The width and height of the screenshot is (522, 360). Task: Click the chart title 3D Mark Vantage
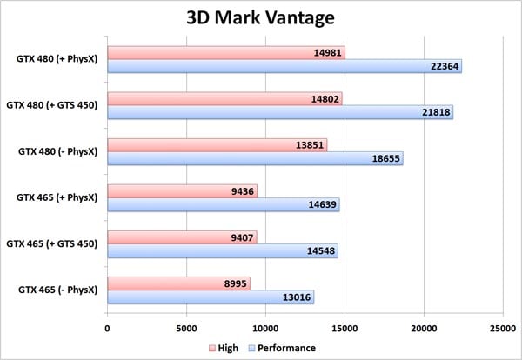click(262, 17)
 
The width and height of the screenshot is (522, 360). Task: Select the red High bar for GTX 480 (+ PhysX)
click(225, 52)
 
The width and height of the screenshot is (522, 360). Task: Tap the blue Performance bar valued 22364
click(284, 67)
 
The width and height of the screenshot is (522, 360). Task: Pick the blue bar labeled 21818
click(279, 113)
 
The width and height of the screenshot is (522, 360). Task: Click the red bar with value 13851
click(217, 144)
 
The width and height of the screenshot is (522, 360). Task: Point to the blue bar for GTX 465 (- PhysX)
click(210, 297)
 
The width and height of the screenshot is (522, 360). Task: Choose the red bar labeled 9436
click(182, 191)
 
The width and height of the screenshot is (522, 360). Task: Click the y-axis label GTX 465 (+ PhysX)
click(57, 197)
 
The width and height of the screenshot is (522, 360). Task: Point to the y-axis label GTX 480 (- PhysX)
click(57, 152)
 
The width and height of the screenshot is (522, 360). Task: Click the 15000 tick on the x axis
click(345, 328)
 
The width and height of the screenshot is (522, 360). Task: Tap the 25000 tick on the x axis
click(503, 328)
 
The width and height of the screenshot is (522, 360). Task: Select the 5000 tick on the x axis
click(186, 328)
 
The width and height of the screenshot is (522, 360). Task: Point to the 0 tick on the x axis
click(107, 328)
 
